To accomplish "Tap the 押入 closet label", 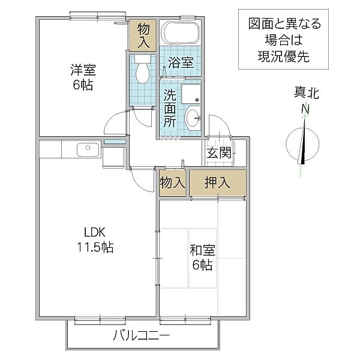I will pos(218,183).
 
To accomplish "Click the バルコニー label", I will pos(142,335).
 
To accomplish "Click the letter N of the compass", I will pos(305,110).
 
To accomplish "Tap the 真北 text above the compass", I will pos(305,93).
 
